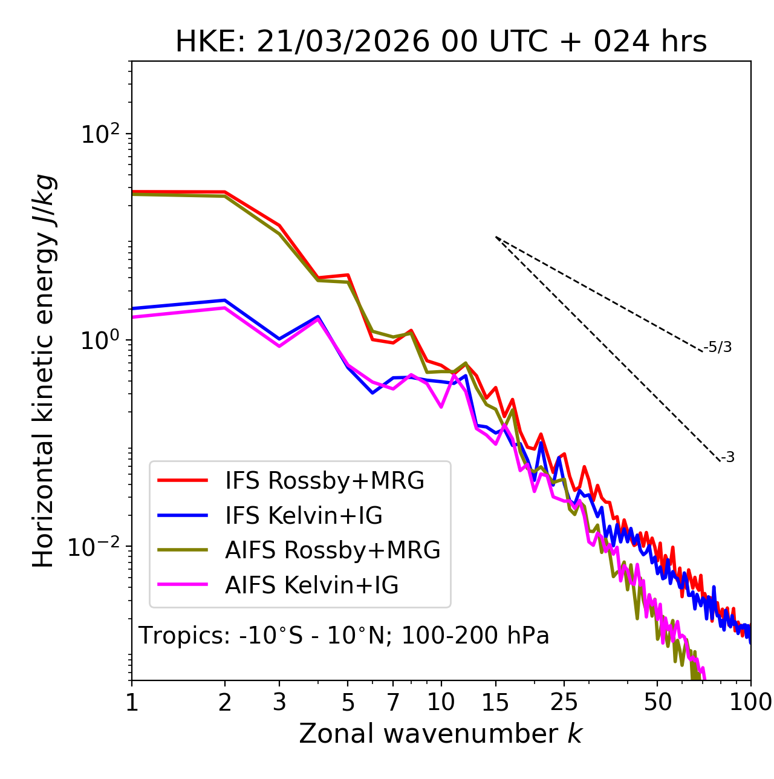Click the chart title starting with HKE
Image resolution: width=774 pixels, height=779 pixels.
point(441,42)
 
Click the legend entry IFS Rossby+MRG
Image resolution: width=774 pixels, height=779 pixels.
point(324,481)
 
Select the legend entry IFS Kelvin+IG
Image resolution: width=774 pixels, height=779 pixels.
point(304,516)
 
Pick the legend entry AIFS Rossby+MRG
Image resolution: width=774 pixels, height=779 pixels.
point(332,550)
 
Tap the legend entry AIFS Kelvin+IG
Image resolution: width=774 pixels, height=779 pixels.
point(311,585)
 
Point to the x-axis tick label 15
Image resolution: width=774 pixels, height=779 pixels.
point(495,702)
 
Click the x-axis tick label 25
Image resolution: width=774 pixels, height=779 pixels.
point(564,702)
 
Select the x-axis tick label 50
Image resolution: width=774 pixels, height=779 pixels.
point(657,702)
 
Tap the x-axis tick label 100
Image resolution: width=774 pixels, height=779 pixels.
point(750,702)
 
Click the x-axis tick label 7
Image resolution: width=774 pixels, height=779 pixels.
point(393,702)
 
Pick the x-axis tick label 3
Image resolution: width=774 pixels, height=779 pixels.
point(279,702)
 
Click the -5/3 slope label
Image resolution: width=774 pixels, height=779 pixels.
point(718,347)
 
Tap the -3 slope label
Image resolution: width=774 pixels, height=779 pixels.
point(727,457)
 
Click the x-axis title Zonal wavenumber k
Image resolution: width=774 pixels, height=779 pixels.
point(440,734)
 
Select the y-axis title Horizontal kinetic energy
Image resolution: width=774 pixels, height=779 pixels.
point(44,371)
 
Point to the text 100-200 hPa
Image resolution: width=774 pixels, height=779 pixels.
point(475,636)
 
